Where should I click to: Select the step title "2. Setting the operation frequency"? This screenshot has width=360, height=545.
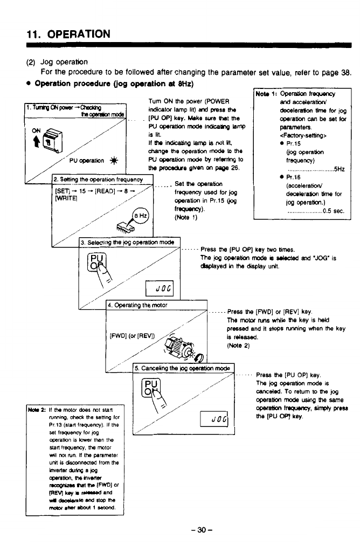[102, 180]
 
